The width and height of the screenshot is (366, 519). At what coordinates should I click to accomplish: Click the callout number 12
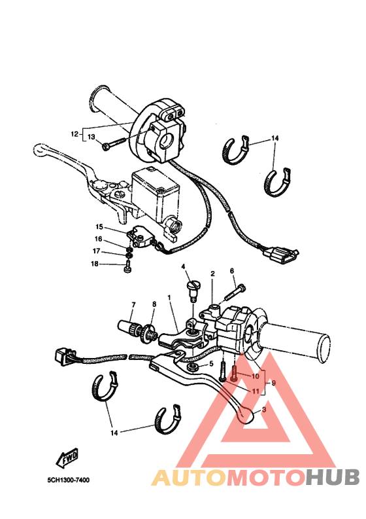(75, 134)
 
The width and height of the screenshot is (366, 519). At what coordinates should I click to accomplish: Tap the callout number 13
(91, 137)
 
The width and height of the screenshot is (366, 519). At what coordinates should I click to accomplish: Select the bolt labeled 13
(114, 144)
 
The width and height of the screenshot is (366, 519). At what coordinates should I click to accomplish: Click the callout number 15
(99, 226)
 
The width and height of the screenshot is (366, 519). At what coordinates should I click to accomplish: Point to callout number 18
(95, 264)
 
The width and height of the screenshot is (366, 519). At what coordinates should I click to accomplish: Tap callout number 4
(183, 266)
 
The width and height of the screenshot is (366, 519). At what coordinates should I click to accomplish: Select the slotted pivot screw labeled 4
(192, 291)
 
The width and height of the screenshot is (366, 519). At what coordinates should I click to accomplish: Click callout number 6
(232, 271)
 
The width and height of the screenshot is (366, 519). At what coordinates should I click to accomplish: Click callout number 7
(133, 305)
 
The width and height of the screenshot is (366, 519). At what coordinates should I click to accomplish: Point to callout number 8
(154, 304)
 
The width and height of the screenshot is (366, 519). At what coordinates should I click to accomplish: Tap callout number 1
(169, 298)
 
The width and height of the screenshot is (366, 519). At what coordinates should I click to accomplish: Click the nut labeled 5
(191, 367)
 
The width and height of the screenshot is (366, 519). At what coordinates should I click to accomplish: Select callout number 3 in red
(264, 410)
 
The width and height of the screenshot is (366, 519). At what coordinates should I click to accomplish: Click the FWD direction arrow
(67, 457)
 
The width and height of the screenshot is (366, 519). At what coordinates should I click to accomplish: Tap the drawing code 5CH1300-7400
(68, 480)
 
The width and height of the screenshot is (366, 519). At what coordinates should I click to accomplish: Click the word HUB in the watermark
(332, 477)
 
